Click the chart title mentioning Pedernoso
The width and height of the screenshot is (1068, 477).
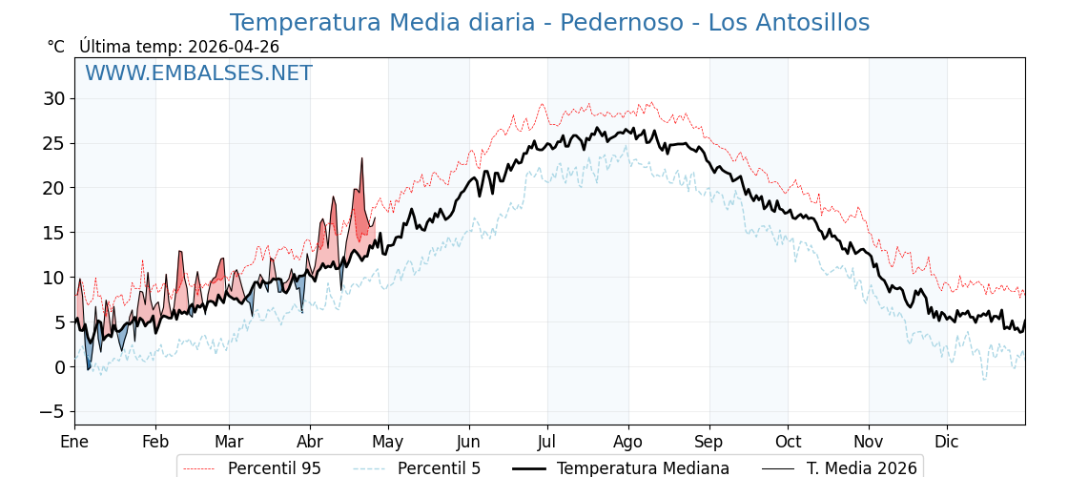pos(549,23)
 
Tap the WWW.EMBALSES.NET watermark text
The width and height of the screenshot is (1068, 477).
pos(198,73)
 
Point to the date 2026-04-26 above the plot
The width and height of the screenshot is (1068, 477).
pos(234,47)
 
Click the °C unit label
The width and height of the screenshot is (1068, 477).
pos(55,47)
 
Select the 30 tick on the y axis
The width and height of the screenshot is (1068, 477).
pos(53,98)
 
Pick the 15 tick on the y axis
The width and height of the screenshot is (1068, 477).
pos(53,233)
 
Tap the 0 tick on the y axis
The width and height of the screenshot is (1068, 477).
pos(59,367)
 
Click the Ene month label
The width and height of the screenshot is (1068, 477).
pos(74,443)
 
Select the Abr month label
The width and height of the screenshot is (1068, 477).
pos(310,443)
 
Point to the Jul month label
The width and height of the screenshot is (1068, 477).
pos(547,443)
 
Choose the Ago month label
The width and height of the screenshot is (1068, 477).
pos(628,443)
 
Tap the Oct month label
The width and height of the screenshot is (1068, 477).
pos(788,443)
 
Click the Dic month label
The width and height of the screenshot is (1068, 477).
pos(947,443)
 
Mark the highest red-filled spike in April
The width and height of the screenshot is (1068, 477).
pos(362,160)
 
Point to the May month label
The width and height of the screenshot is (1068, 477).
pos(388,443)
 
